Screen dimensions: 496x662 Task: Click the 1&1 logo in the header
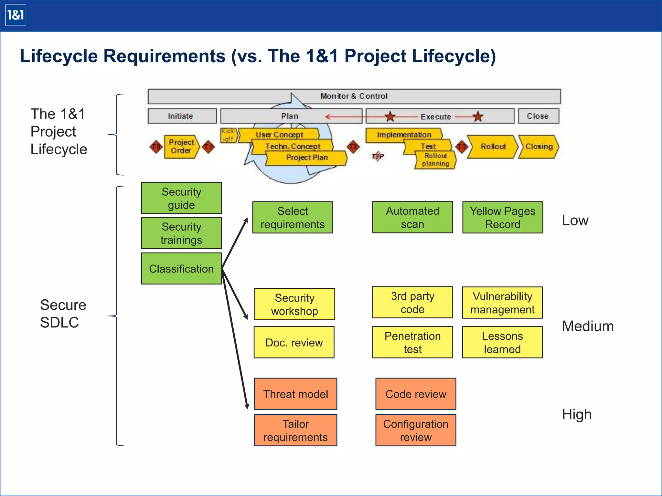16,15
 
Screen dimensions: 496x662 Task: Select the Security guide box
181,198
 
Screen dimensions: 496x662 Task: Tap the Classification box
181,269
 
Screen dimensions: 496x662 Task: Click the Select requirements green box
293,217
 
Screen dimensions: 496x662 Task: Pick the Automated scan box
412,217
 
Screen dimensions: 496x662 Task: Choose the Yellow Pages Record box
503,217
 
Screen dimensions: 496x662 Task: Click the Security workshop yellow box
294,304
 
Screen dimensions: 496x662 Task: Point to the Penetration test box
412,342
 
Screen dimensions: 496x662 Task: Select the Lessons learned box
502,342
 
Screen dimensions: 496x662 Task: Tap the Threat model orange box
295,394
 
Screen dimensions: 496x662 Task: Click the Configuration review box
416,430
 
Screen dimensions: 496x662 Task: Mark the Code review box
416,394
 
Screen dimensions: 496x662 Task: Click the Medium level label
588,326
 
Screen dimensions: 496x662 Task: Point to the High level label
577,414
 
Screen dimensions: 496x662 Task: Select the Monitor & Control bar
354,96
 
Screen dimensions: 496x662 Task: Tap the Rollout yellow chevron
493,147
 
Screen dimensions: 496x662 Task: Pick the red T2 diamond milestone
353,147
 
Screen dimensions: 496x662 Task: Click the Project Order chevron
181,147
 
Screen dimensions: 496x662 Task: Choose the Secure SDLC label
63,314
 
